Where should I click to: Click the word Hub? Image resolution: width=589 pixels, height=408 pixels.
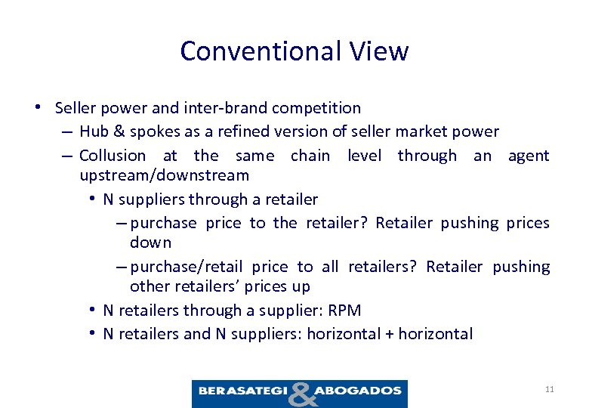pyautogui.click(x=93, y=131)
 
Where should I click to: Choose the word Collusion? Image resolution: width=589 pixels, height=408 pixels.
pyautogui.click(x=113, y=156)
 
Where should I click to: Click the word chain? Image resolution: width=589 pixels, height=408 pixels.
pyautogui.click(x=310, y=156)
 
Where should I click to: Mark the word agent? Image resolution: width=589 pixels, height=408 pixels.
pyautogui.click(x=529, y=156)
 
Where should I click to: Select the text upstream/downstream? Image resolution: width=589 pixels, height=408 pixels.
pyautogui.click(x=164, y=175)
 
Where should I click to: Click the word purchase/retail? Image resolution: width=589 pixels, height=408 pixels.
pyautogui.click(x=187, y=267)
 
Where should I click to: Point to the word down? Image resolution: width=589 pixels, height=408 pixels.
pyautogui.click(x=150, y=243)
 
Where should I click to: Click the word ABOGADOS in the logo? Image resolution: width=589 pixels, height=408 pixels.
pyautogui.click(x=357, y=391)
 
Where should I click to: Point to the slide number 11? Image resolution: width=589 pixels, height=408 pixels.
pyautogui.click(x=549, y=389)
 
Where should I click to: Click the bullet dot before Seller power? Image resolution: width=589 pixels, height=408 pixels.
pyautogui.click(x=37, y=107)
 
